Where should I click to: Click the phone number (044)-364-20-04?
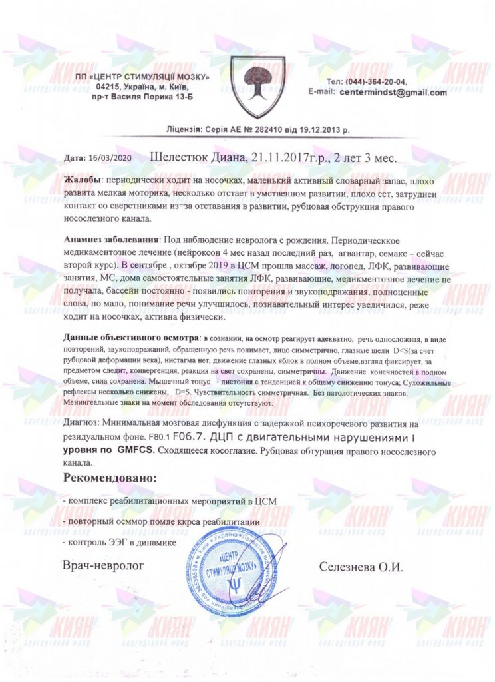point(377,81)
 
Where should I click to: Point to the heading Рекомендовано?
point(110,478)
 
